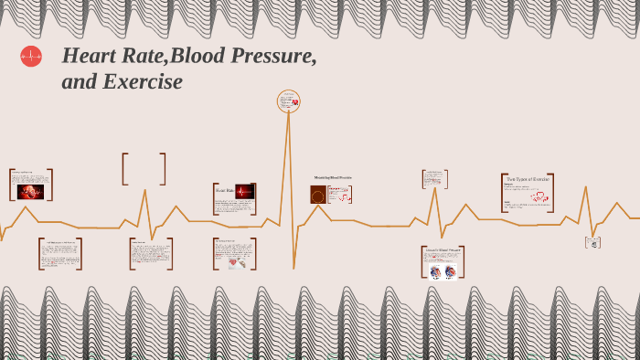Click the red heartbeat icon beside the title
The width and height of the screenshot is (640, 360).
31,57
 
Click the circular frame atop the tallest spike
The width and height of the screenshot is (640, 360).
289,101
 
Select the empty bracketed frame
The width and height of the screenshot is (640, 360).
144,169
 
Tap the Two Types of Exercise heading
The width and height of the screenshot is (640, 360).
528,179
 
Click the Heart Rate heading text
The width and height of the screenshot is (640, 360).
224,191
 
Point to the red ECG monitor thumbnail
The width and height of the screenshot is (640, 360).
244,192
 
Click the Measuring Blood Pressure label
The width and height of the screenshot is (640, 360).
333,177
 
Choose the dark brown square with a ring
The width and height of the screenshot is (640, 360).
318,195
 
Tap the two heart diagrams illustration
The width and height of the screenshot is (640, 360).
443,271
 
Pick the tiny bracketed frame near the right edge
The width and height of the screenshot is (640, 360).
592,242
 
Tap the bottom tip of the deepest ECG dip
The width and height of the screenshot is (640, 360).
293,268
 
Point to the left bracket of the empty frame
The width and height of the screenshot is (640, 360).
123,169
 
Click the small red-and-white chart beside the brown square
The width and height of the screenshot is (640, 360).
340,195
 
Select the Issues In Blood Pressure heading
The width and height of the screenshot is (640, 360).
443,249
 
